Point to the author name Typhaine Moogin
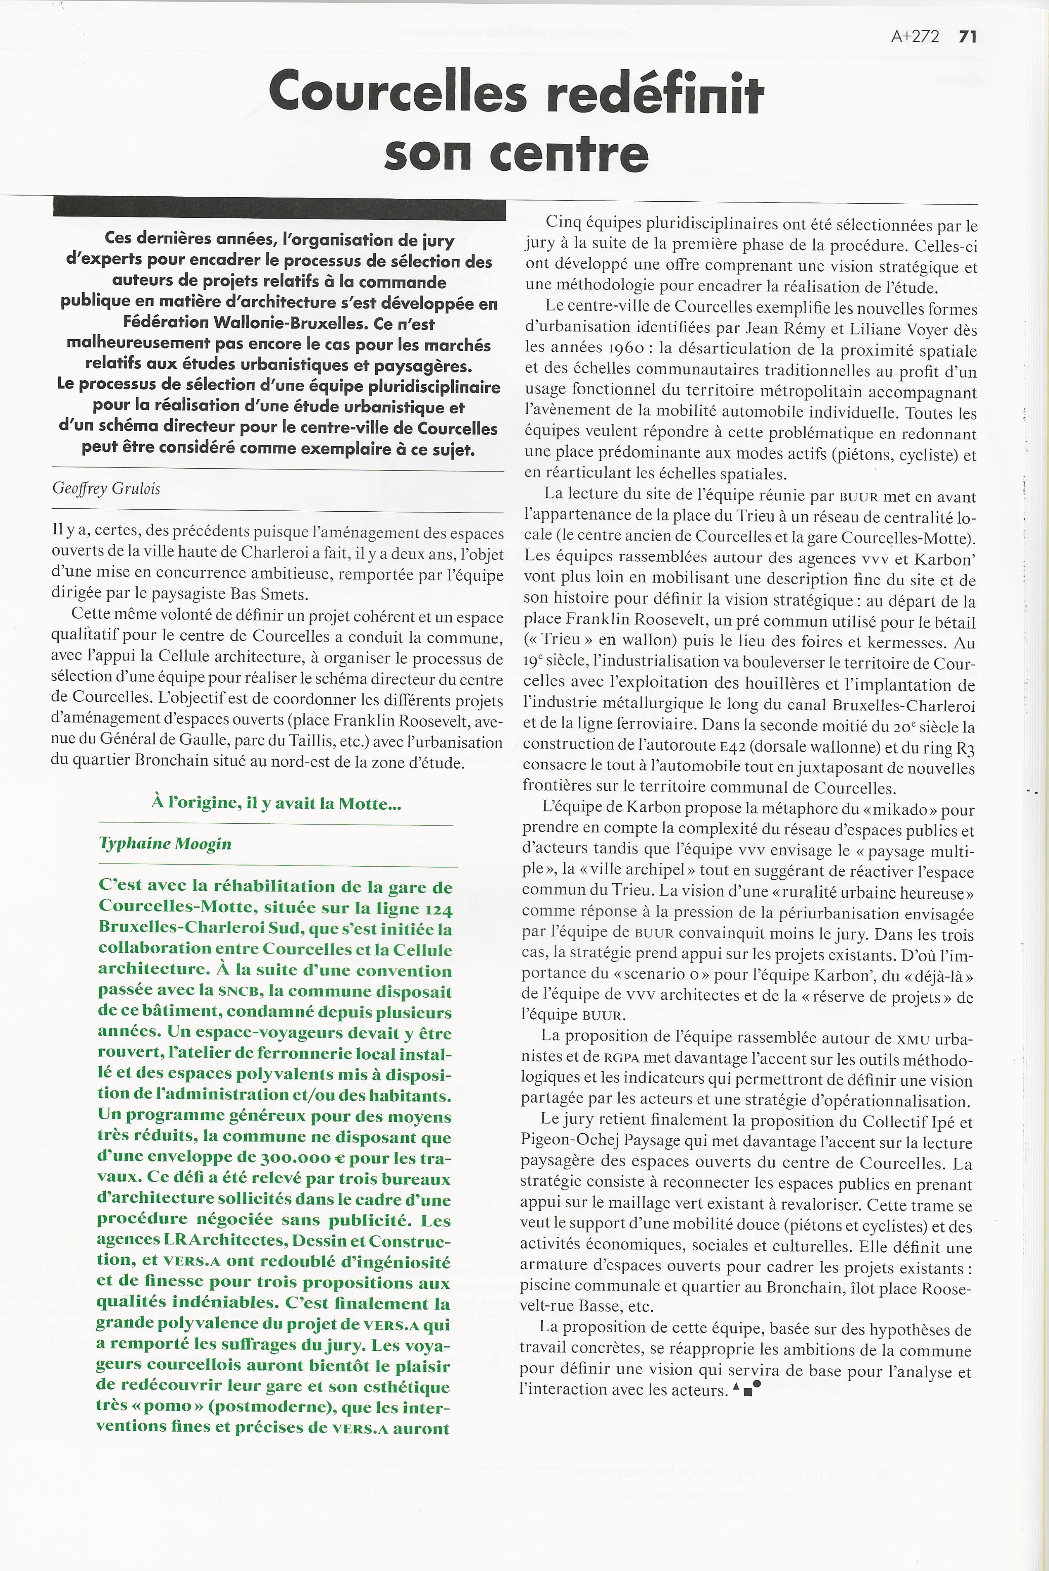[165, 844]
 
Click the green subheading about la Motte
[276, 803]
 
